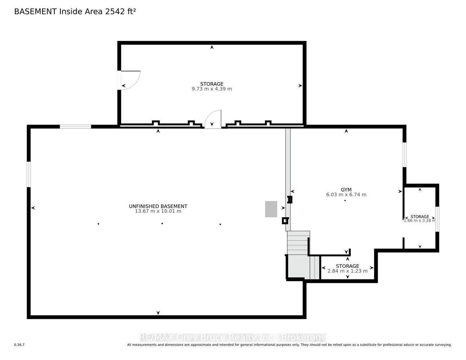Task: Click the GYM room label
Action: coord(346,190)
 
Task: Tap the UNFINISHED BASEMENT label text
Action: coord(158,206)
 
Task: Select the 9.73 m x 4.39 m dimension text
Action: coord(212,89)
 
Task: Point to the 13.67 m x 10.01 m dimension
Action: coord(158,211)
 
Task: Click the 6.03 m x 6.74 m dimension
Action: coord(346,195)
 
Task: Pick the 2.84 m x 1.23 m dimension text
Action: coord(348,271)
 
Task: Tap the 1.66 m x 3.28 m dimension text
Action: coord(420,220)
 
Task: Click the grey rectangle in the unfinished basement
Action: coord(271,209)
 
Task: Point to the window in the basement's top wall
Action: coord(75,127)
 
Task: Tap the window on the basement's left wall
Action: coord(29,175)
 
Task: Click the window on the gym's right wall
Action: coord(404,155)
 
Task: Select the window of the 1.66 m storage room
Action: coord(437,219)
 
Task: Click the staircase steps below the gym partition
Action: coord(298,243)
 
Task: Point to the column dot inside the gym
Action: coord(345,201)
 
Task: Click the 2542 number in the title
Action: coord(114,12)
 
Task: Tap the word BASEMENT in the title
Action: coord(35,12)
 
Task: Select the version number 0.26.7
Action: coord(19,345)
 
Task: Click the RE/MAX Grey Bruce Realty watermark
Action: coord(233,337)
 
